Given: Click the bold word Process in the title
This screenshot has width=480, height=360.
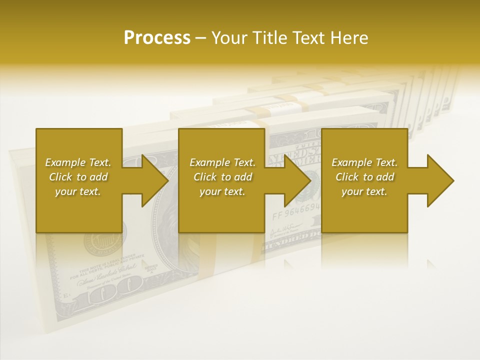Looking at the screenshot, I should pos(157,38).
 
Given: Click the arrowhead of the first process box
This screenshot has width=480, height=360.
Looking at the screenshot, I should pos(155,180).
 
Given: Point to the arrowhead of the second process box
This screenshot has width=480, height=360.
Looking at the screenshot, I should pos(298,180).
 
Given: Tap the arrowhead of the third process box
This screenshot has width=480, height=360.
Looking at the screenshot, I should pos(440,180).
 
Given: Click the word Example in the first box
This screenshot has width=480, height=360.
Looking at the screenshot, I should pos(65,162).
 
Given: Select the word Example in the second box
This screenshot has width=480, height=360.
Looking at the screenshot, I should pos(210,162).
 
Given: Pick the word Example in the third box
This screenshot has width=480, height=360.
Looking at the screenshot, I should pos(352,162).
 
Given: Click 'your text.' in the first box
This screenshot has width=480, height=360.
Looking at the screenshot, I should pos(78,191).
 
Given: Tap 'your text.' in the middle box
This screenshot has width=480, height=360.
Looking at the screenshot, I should pos(222,191).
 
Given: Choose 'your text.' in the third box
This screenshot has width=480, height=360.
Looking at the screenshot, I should pos(364,191).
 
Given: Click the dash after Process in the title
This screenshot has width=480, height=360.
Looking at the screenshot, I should pos(201,38).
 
